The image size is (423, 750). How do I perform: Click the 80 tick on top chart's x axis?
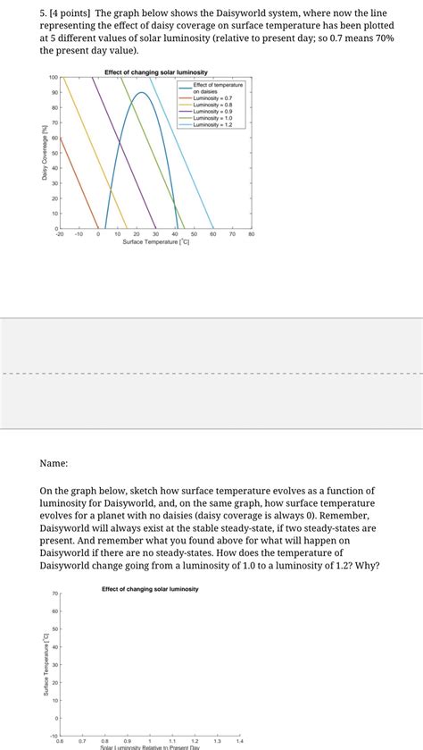252,234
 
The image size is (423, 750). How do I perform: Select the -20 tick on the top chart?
60,234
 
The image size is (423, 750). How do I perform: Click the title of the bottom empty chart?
150,589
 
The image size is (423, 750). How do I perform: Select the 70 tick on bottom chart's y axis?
54,594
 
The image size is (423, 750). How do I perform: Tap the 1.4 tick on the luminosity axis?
239,741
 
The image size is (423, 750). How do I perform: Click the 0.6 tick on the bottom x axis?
60,741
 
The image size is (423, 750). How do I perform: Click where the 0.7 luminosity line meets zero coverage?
98,228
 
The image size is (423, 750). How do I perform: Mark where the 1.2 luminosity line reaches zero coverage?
213,228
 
